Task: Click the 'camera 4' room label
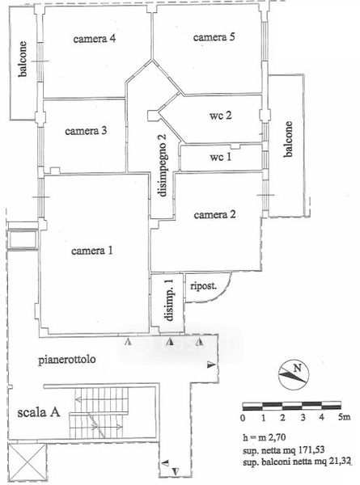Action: point(95,39)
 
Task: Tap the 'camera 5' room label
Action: point(214,37)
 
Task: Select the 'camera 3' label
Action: point(86,130)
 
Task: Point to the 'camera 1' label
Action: point(92,251)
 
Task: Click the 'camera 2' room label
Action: point(214,214)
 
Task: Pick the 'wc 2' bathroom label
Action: point(220,116)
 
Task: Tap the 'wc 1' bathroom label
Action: point(220,157)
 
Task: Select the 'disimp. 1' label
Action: point(170,299)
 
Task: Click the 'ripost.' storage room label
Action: point(203,286)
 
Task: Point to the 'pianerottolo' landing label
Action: point(66,360)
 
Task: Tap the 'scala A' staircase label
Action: point(38,412)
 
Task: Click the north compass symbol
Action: point(294,374)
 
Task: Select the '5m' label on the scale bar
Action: point(344,417)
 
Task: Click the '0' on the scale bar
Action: point(243,418)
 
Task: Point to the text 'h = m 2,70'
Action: point(264,437)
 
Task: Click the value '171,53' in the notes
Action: point(311,450)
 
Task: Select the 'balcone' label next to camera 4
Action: point(23,59)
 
